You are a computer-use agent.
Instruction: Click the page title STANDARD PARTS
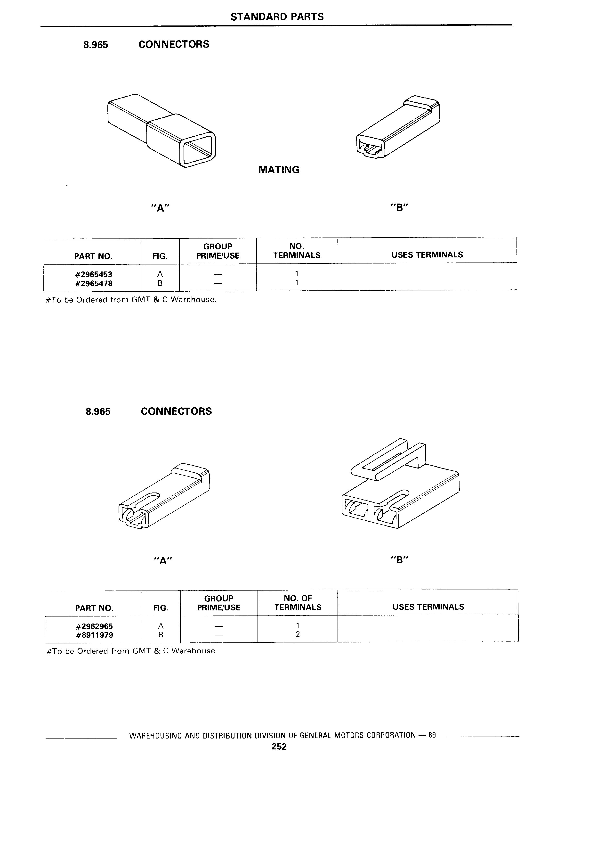(277, 16)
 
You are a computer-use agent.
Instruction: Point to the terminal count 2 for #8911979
(298, 634)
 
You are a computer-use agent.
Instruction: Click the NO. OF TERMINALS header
(298, 602)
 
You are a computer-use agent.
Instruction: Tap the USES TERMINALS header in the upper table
(427, 255)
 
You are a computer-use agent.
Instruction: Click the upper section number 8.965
(96, 45)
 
